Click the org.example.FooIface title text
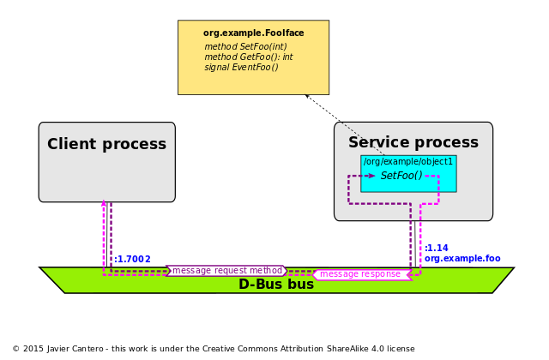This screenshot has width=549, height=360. click(x=253, y=33)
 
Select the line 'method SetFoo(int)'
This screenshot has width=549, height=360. click(x=245, y=47)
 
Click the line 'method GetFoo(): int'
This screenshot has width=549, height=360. click(x=248, y=57)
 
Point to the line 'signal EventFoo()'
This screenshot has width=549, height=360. click(x=241, y=68)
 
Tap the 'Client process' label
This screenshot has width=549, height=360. click(x=106, y=145)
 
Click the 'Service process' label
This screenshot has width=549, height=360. click(x=413, y=143)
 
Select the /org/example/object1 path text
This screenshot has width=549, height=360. click(x=407, y=162)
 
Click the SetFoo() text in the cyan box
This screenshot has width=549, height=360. click(x=401, y=176)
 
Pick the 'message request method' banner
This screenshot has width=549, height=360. click(x=226, y=271)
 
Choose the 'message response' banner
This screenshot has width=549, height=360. click(x=360, y=274)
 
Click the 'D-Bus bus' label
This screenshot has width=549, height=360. click(x=276, y=285)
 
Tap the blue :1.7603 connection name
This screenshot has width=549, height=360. click(x=133, y=259)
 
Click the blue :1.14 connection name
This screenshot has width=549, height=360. click(x=437, y=249)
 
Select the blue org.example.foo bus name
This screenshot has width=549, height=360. click(x=462, y=259)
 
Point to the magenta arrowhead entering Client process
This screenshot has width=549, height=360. click(x=104, y=206)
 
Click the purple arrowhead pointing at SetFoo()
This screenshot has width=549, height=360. click(x=371, y=176)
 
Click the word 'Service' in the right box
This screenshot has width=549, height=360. click(x=376, y=143)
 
